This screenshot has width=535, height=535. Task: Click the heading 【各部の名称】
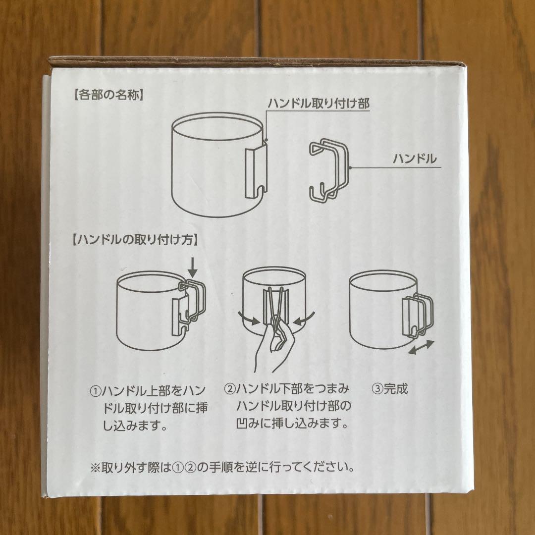(x=107, y=95)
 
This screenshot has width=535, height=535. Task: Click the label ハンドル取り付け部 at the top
(x=319, y=104)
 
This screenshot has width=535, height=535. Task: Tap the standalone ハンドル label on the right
(x=414, y=159)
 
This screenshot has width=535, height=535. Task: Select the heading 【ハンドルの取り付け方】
(x=135, y=240)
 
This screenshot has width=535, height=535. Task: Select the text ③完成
(x=389, y=389)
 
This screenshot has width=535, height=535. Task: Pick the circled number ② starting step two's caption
(x=229, y=389)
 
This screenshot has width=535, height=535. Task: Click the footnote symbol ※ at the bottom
(x=95, y=467)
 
